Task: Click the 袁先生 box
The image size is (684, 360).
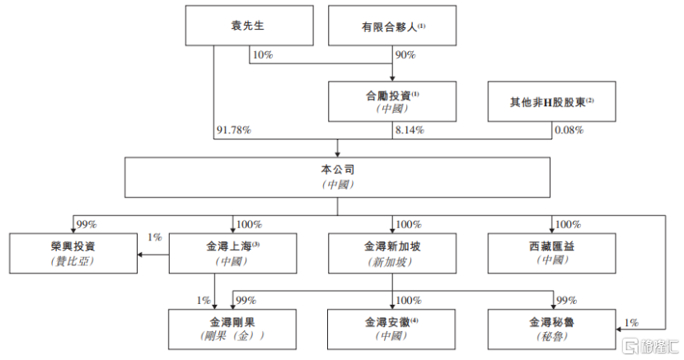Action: (248, 26)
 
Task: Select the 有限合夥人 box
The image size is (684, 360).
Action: (392, 26)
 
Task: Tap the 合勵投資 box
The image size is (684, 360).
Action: (392, 101)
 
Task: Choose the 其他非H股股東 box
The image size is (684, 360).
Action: (550, 101)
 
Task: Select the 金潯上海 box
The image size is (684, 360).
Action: (232, 252)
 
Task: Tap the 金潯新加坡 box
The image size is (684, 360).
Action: (392, 252)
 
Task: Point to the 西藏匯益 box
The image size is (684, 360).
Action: (550, 252)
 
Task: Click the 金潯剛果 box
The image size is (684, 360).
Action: (232, 328)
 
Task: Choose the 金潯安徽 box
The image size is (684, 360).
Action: (392, 328)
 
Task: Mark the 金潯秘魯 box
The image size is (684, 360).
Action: (550, 328)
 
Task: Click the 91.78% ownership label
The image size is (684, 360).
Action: (233, 130)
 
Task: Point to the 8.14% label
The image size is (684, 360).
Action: (410, 130)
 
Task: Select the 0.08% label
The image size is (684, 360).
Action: (569, 130)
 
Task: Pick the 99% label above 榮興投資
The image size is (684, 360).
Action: (87, 224)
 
